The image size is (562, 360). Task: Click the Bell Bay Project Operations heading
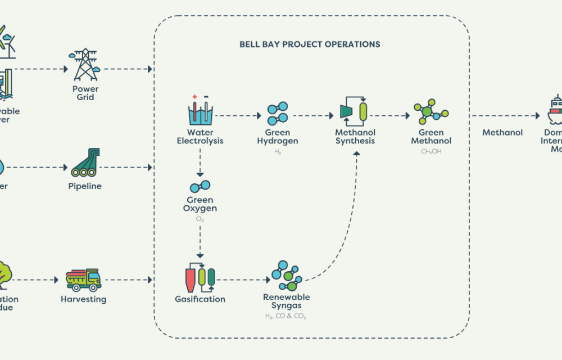coord(310,44)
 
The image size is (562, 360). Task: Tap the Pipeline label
coord(85,186)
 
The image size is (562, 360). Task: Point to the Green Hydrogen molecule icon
coord(278,114)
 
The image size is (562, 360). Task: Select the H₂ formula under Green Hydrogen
coord(278,152)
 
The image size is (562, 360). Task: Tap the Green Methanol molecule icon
coord(431,112)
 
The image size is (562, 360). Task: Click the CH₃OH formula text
coord(431,151)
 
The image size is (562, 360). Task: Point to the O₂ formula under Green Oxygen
coord(200,219)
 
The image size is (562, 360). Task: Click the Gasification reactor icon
coord(200,277)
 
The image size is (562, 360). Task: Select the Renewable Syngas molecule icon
coord(287,275)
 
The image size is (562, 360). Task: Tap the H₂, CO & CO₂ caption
coord(287,316)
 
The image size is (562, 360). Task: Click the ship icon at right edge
coord(555,110)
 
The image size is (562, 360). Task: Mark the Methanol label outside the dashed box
coord(502,133)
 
